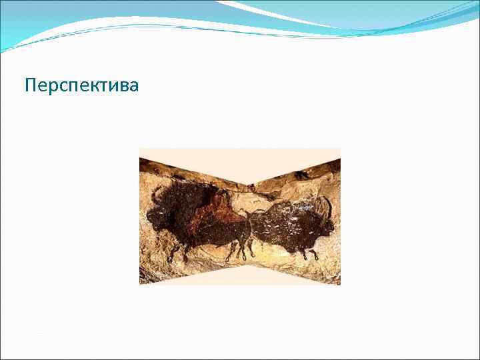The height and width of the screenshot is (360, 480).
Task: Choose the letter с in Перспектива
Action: click(x=59, y=87)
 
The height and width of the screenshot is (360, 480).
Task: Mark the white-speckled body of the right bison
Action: click(x=283, y=223)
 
